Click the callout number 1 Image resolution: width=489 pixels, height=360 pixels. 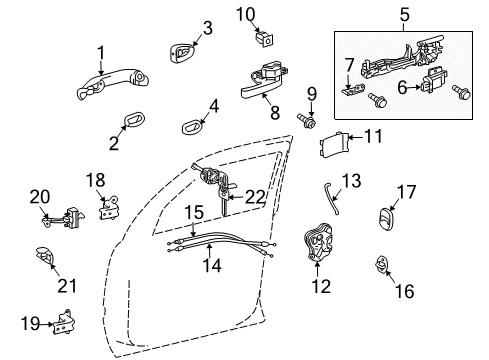(100, 52)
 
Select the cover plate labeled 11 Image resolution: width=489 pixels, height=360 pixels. (335, 144)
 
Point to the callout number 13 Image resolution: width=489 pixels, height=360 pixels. (351, 181)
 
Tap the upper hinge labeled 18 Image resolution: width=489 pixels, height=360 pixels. (106, 211)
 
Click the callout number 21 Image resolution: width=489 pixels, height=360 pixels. (66, 287)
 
